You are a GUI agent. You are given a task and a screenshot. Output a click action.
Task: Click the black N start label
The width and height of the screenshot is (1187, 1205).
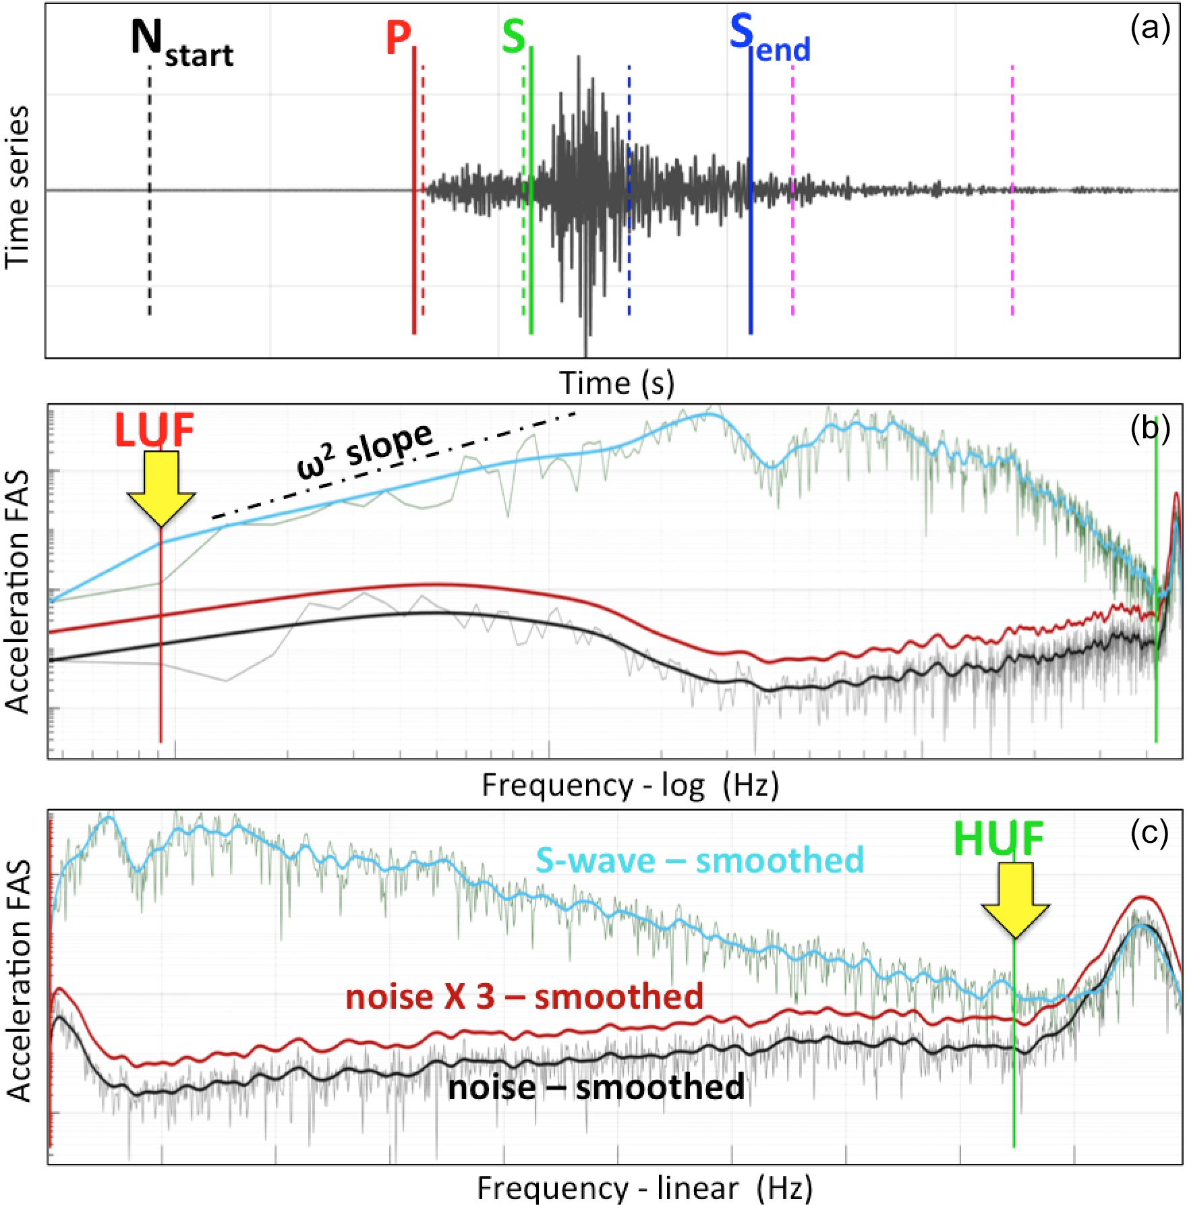[181, 42]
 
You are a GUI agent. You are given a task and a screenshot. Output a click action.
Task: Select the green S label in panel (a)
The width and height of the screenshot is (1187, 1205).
[513, 36]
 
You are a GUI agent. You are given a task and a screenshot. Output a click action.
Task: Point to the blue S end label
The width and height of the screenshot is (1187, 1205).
[769, 39]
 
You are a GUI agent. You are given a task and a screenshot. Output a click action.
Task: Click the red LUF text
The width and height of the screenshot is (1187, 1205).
[154, 430]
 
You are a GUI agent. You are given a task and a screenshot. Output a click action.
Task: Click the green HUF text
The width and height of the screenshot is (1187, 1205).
[998, 839]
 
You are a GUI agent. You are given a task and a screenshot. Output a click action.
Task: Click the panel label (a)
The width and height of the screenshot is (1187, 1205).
[1151, 28]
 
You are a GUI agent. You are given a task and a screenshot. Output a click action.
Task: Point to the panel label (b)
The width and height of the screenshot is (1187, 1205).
[1151, 428]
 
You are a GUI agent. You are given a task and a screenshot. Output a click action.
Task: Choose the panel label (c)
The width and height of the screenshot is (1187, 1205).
[1149, 834]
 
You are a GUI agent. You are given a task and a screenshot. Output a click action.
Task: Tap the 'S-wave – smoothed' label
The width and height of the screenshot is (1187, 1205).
[699, 860]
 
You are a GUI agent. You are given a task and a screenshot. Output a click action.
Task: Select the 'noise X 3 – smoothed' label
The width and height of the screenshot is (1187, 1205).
[524, 997]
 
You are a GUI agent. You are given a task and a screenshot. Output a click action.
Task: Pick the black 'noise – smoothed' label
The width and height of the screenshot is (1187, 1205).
[596, 1088]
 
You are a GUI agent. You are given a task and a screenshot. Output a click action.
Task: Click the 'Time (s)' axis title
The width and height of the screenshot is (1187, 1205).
[616, 383]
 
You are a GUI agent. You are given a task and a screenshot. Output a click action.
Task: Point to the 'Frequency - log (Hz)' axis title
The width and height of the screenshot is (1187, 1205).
[630, 785]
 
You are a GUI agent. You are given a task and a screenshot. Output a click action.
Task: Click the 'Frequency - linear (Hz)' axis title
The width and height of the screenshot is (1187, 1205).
[645, 1188]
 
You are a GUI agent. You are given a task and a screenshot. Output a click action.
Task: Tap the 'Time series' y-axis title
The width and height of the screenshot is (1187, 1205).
[18, 187]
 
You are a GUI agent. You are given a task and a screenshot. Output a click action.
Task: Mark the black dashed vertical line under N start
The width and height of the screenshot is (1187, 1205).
[150, 202]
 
